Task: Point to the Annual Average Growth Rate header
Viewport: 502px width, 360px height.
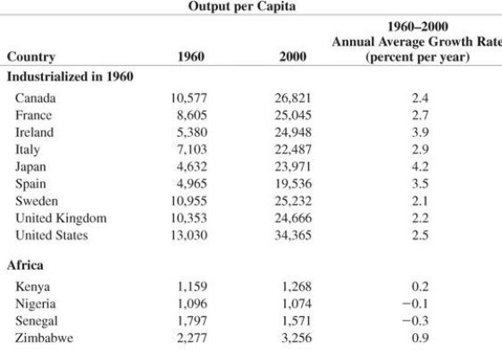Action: click(426, 41)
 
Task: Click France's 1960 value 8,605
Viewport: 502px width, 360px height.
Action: click(189, 115)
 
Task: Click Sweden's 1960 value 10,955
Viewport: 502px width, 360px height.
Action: click(188, 200)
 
